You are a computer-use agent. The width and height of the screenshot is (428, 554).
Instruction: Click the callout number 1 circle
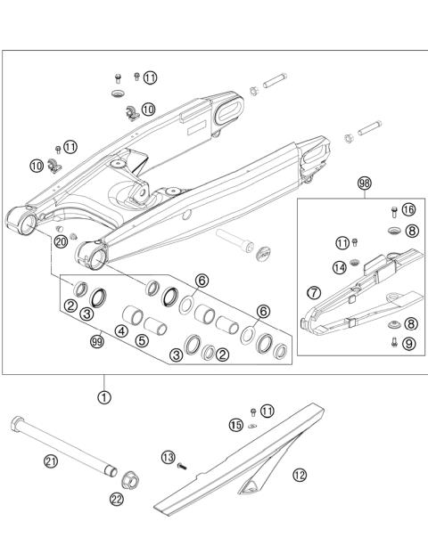[x=104, y=397]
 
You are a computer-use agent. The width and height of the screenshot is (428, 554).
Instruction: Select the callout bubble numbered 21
[x=51, y=460]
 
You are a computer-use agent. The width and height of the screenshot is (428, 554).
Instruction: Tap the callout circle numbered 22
[x=117, y=500]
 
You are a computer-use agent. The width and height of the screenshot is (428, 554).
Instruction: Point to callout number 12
[x=300, y=475]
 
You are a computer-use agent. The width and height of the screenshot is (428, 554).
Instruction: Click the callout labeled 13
[x=168, y=457]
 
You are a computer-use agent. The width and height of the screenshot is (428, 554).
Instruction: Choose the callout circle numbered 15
[x=235, y=426]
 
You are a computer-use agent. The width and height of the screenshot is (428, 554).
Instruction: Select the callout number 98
[x=364, y=183]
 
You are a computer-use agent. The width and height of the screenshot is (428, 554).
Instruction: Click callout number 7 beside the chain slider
[x=313, y=291]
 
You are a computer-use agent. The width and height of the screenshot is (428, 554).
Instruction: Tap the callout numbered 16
[x=408, y=210]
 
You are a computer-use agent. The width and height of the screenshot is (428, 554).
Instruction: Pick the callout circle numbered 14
[x=340, y=267]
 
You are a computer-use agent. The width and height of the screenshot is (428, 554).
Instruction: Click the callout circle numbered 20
[x=61, y=241]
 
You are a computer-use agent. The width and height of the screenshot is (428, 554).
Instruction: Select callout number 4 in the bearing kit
[x=120, y=331]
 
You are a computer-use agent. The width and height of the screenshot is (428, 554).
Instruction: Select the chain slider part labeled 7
[x=357, y=294]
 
